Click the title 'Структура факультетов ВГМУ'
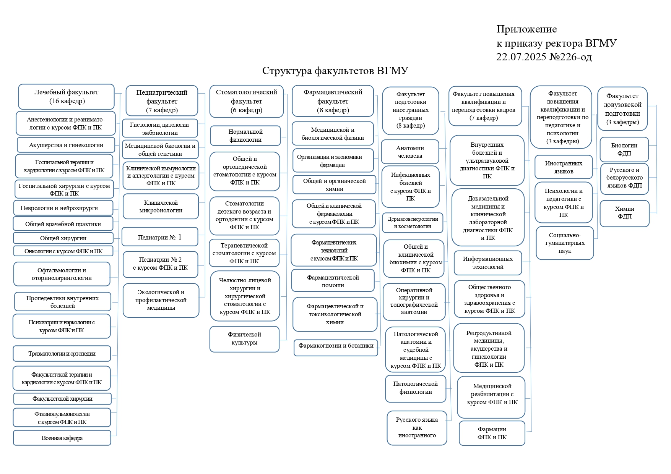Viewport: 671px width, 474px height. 335,71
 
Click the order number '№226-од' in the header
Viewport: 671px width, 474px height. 570,57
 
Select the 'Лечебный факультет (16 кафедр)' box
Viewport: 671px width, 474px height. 66,97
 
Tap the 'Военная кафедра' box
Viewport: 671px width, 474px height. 62,438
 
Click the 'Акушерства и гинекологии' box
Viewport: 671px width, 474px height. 66,145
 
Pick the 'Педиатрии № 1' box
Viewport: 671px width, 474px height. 160,237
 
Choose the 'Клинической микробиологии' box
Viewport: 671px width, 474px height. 161,206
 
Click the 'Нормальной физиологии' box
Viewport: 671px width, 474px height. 245,136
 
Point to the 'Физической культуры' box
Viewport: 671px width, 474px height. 244,339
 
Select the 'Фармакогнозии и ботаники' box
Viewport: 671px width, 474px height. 336,346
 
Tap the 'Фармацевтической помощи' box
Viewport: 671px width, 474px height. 333,281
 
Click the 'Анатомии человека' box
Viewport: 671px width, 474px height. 410,152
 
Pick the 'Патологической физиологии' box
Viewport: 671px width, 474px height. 415,388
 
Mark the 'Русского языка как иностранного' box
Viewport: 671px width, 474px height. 417,427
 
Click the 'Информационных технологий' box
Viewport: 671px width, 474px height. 487,263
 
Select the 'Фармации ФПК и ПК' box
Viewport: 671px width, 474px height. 492,433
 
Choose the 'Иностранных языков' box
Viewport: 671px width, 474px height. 563,167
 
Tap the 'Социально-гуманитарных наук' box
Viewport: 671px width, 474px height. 565,243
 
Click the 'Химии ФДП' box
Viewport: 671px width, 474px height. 624,213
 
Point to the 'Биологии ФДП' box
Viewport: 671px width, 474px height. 624,149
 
